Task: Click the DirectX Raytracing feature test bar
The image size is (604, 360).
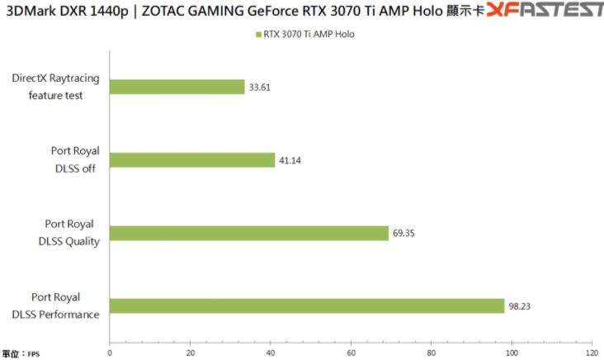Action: pos(177,87)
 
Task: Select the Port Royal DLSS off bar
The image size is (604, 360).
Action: pos(192,160)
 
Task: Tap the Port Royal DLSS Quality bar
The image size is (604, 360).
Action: pos(248,233)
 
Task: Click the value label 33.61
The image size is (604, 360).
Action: pos(261,88)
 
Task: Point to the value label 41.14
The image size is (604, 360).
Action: pos(290,160)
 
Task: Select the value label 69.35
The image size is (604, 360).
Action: pos(403,234)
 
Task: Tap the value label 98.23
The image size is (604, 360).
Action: pos(520,306)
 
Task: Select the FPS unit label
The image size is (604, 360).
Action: pos(34,354)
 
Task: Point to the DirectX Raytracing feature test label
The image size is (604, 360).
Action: pos(54,87)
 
